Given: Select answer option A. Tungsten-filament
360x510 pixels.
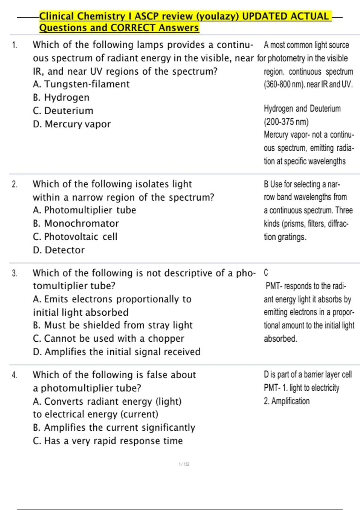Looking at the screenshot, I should pyautogui.click(x=81, y=84).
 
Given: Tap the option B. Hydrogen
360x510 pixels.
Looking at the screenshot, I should pyautogui.click(x=61, y=97).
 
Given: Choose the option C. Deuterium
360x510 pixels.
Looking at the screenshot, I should pyautogui.click(x=63, y=111).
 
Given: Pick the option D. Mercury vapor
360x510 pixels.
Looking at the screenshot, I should pyautogui.click(x=72, y=124).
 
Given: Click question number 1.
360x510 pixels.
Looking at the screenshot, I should pyautogui.click(x=15, y=45).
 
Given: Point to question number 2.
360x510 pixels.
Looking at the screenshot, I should pyautogui.click(x=15, y=184).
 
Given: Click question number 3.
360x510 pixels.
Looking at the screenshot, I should pyautogui.click(x=15, y=273).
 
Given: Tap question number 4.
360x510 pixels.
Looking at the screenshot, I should pyautogui.click(x=15, y=375).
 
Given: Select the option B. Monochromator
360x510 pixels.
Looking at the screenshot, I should pyautogui.click(x=76, y=223).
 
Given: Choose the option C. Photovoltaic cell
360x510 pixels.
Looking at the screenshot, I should pyautogui.click(x=75, y=237).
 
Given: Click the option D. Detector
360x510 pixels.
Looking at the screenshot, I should pyautogui.click(x=59, y=250).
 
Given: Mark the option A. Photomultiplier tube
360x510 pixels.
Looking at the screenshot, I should pyautogui.click(x=84, y=210).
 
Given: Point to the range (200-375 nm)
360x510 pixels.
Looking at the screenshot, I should pyautogui.click(x=286, y=122).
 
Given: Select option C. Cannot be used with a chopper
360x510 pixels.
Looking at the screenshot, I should pyautogui.click(x=108, y=339).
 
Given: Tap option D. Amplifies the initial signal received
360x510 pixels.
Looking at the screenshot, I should pyautogui.click(x=116, y=352).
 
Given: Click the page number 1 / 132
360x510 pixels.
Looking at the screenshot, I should pyautogui.click(x=184, y=464).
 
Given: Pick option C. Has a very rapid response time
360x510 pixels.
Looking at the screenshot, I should pyautogui.click(x=108, y=441).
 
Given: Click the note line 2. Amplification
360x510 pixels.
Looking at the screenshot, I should pyautogui.click(x=286, y=401).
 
